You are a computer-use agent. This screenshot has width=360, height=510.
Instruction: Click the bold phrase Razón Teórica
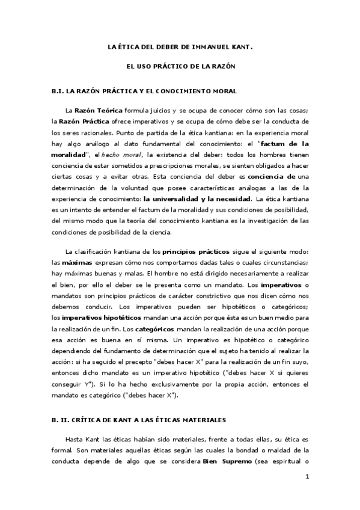[x=99, y=111]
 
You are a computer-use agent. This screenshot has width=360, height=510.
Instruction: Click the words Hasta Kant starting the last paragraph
[x=82, y=441]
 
